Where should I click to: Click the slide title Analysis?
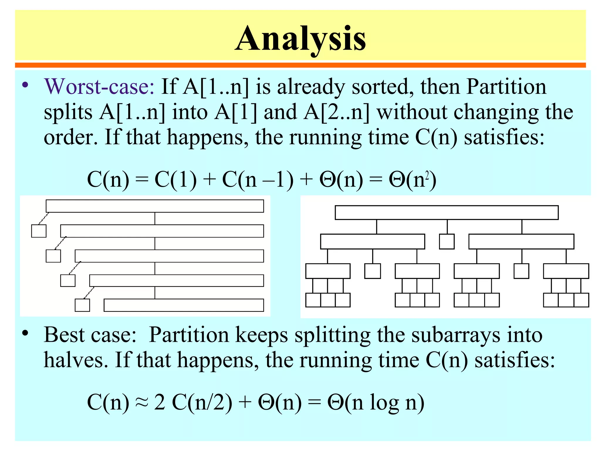click(x=300, y=39)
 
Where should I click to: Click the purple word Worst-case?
click(x=99, y=87)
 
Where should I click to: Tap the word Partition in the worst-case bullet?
click(x=506, y=87)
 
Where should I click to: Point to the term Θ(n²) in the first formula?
click(x=412, y=180)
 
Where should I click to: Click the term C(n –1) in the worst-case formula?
click(x=258, y=180)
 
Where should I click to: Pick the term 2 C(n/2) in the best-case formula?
click(x=193, y=402)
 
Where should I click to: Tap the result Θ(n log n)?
click(x=376, y=402)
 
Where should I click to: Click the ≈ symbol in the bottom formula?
click(x=141, y=402)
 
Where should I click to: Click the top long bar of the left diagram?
click(x=155, y=206)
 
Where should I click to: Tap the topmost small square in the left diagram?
click(x=39, y=231)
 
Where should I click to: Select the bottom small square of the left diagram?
click(x=82, y=305)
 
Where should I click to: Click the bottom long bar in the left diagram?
click(x=184, y=305)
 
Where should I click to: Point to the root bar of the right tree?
click(x=446, y=213)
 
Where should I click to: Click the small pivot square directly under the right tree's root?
click(x=447, y=241)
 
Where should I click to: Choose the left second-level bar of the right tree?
click(x=372, y=241)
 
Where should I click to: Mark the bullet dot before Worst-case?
click(x=26, y=85)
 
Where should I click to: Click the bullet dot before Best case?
click(x=26, y=333)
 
